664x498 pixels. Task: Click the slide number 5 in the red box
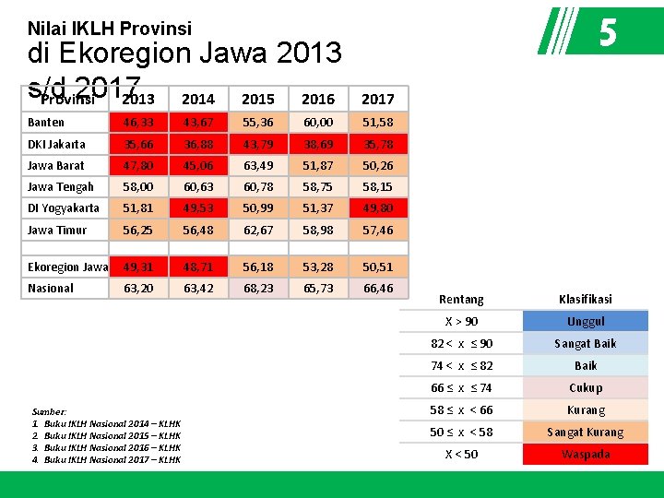coord(607,34)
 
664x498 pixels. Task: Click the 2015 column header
coord(257,99)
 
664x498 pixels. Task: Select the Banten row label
coord(46,122)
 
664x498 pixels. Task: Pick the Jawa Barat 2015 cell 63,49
coord(257,165)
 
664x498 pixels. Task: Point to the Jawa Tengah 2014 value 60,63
coord(197,186)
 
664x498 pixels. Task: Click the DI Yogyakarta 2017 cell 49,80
coord(377,207)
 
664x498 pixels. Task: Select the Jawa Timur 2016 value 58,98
coord(318,230)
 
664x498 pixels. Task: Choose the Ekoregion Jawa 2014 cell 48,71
coord(197,267)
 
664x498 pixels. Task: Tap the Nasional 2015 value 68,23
coord(257,288)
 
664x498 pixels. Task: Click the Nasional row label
coord(51,288)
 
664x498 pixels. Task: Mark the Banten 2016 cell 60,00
coord(318,122)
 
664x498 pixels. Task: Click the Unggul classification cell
coord(586,321)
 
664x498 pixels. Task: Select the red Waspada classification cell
coord(586,454)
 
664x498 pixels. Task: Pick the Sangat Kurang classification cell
coord(586,432)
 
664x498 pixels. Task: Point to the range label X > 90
coord(461,321)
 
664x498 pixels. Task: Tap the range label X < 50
coord(461,454)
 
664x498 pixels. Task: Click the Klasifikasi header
coord(586,299)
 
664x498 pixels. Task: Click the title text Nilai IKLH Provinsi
coord(110,29)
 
